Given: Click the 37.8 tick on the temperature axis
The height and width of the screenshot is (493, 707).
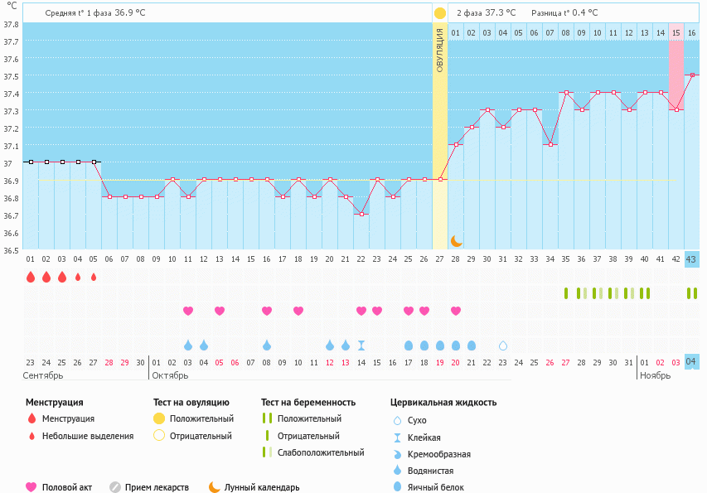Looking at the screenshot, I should (x=11, y=23).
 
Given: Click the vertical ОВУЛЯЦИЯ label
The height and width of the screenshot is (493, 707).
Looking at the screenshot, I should (x=439, y=50).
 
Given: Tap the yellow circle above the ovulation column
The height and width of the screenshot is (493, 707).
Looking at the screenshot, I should (x=439, y=13).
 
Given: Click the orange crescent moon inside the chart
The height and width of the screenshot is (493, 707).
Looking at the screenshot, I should (x=456, y=240).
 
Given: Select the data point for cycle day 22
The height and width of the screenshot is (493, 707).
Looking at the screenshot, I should (x=361, y=215).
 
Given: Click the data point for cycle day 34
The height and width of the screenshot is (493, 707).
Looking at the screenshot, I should (x=550, y=144).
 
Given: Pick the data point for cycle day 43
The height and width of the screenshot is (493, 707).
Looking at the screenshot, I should (x=691, y=75).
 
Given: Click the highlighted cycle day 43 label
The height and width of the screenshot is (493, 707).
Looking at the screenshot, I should (x=691, y=259).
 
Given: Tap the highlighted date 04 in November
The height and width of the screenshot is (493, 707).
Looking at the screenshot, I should (x=691, y=361).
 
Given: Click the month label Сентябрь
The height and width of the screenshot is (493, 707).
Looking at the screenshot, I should (x=42, y=375).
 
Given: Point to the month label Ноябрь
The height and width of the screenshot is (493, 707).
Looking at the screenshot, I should (x=655, y=375).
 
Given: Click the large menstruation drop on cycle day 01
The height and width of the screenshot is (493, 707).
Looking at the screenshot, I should (x=31, y=277).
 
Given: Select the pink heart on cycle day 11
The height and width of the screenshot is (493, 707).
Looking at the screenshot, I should (x=188, y=311).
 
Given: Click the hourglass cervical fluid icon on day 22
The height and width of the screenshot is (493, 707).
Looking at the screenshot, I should (x=361, y=346).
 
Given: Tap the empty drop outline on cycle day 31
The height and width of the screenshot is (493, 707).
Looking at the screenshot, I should (x=502, y=346).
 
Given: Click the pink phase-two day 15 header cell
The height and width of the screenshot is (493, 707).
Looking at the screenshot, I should (x=676, y=32).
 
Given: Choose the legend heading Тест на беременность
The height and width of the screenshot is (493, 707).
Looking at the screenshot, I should (x=307, y=403).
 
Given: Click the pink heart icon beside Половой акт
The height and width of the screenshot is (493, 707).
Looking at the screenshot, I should (x=31, y=487).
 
